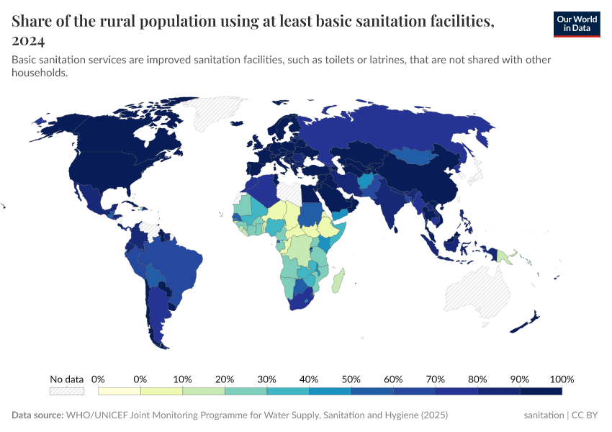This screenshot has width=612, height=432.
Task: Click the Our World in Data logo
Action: coord(576,24)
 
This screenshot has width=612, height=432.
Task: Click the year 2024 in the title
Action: coord(28,40)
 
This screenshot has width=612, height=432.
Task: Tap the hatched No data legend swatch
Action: coord(66,391)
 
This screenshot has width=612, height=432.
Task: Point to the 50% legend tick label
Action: coord(351,379)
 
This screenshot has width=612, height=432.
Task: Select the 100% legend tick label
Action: coord(561,379)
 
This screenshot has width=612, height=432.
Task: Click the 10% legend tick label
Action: coord(182,379)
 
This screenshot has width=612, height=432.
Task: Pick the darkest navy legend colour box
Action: coord(540,391)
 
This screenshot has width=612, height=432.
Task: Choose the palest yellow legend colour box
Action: coord(120,391)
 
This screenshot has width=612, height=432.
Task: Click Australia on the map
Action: coord(475,292)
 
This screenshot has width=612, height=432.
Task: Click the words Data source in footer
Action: coord(37,415)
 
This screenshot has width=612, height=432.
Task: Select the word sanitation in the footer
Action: coord(544,415)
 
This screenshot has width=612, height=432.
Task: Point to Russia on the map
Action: coord(403,126)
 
